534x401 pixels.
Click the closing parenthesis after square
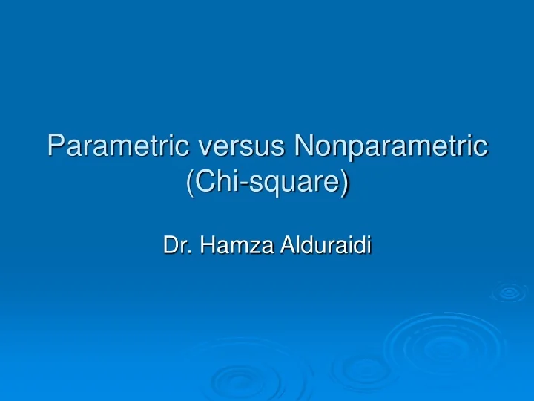346,183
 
